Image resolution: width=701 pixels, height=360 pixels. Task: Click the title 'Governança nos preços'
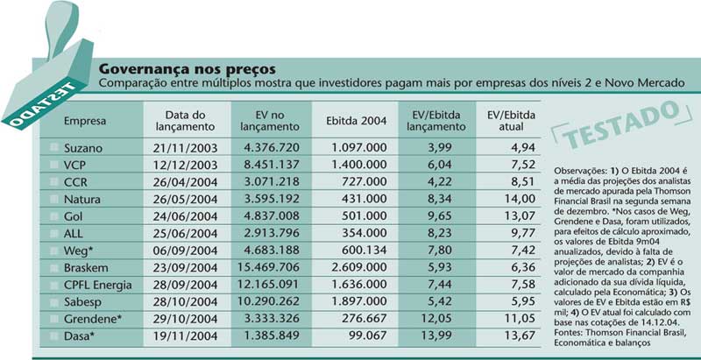[x=187, y=70]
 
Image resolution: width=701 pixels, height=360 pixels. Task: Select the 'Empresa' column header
[x=85, y=121]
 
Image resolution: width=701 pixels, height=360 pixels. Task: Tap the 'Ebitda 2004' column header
[x=357, y=121]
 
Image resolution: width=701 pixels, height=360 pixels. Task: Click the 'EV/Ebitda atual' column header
[x=511, y=121]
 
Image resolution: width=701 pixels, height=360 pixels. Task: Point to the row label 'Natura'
[x=81, y=199]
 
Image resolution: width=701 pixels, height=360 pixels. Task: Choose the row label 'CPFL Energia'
[x=98, y=286]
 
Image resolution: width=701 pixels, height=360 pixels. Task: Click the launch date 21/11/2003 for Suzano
[x=185, y=148]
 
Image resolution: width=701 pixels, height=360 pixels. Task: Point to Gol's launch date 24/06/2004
[x=185, y=216]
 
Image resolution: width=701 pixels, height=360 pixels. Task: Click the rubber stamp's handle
[x=61, y=27]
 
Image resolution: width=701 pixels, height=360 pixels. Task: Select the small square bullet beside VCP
[x=54, y=165]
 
